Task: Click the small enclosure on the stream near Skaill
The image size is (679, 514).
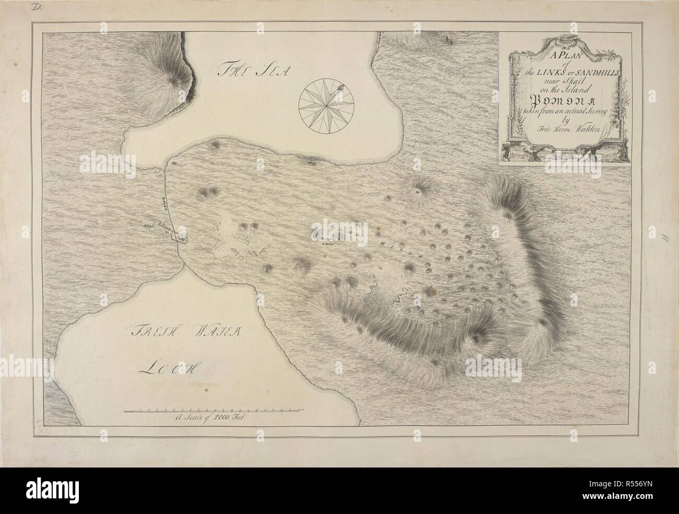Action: pos(182,239)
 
